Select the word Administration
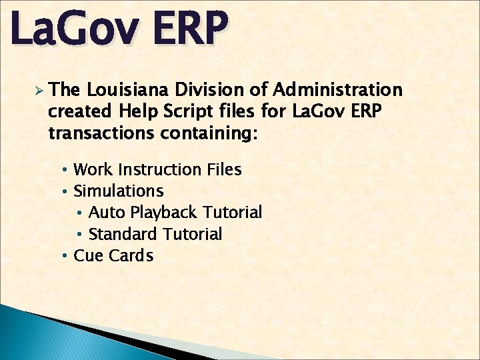click(x=338, y=90)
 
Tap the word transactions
click(x=101, y=133)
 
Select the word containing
click(x=207, y=133)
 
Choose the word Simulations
click(x=119, y=191)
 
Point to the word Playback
click(x=164, y=213)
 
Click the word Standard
click(x=123, y=234)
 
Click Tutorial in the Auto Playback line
click(x=232, y=213)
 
